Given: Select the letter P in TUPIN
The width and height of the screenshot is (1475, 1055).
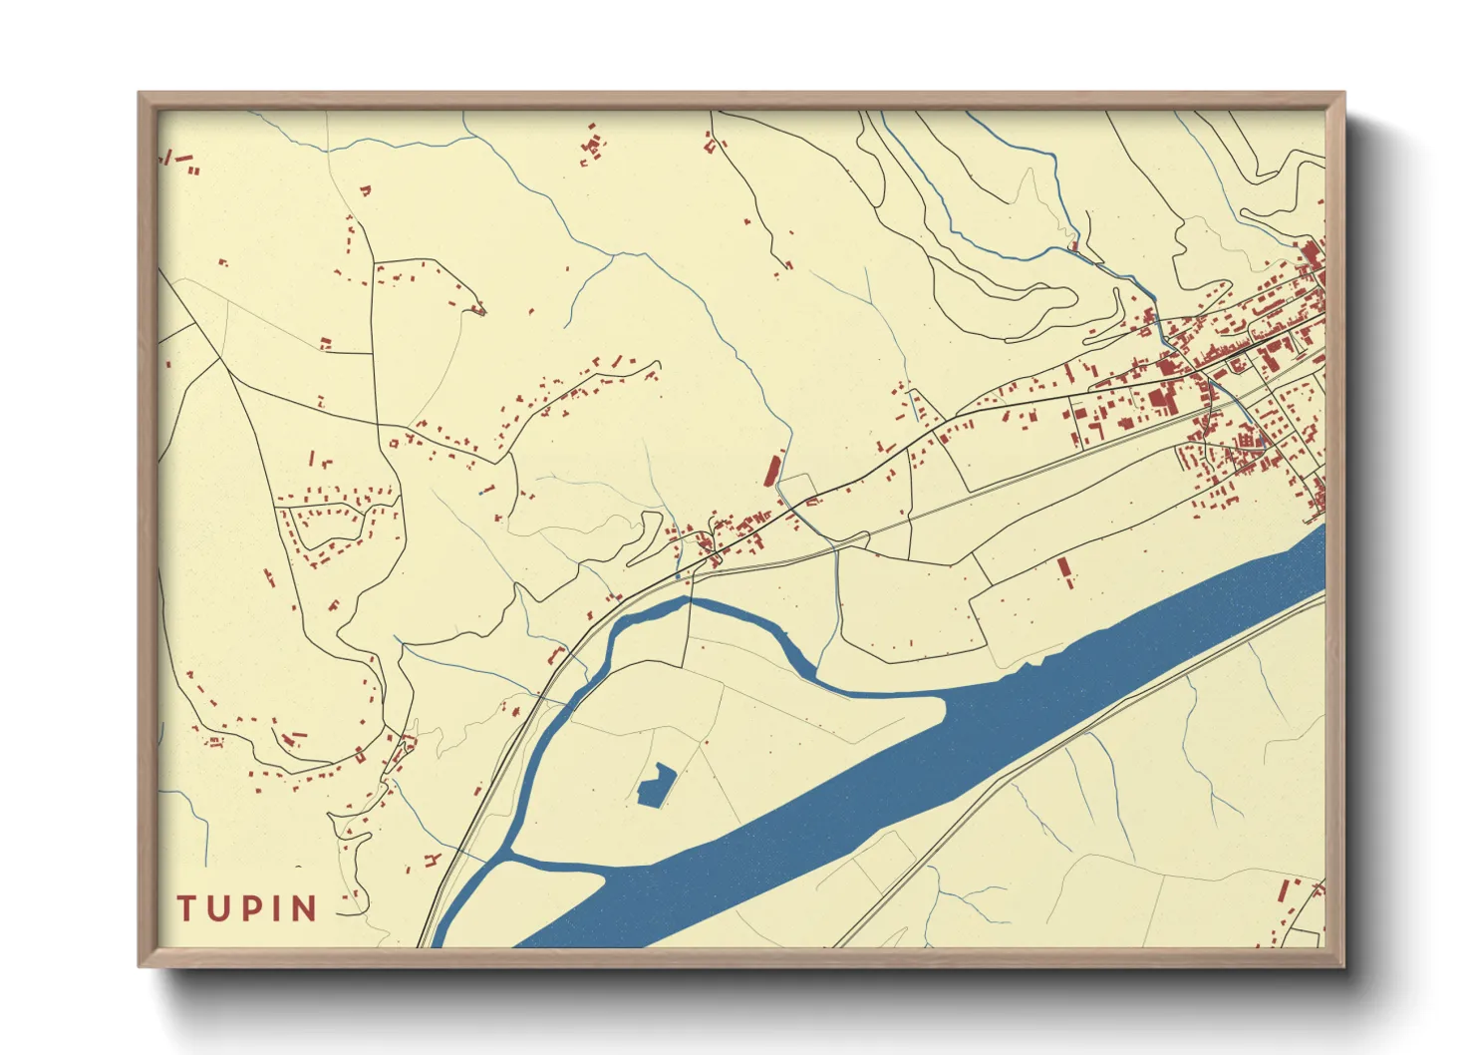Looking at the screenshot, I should click(251, 908).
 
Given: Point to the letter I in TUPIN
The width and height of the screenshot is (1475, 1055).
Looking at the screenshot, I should click(276, 908).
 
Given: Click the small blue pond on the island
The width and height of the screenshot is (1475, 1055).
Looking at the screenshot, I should click(654, 786).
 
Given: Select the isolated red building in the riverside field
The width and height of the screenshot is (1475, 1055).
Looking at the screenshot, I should click(1064, 572).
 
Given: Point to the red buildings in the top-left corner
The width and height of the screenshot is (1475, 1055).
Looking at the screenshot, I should click(179, 160).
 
